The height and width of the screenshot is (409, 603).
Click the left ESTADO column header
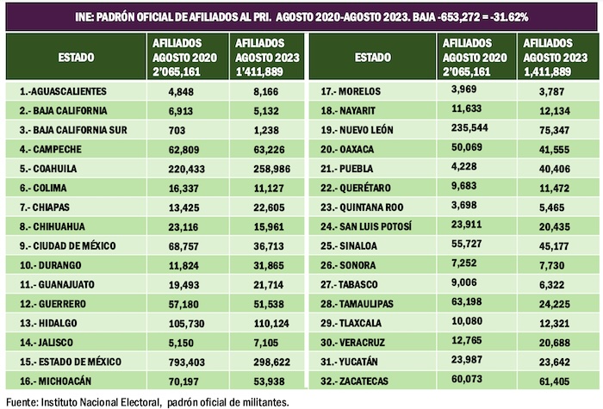point(77,57)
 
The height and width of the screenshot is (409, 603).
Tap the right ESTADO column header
point(372,57)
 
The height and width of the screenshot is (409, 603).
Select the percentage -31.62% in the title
point(503,16)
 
